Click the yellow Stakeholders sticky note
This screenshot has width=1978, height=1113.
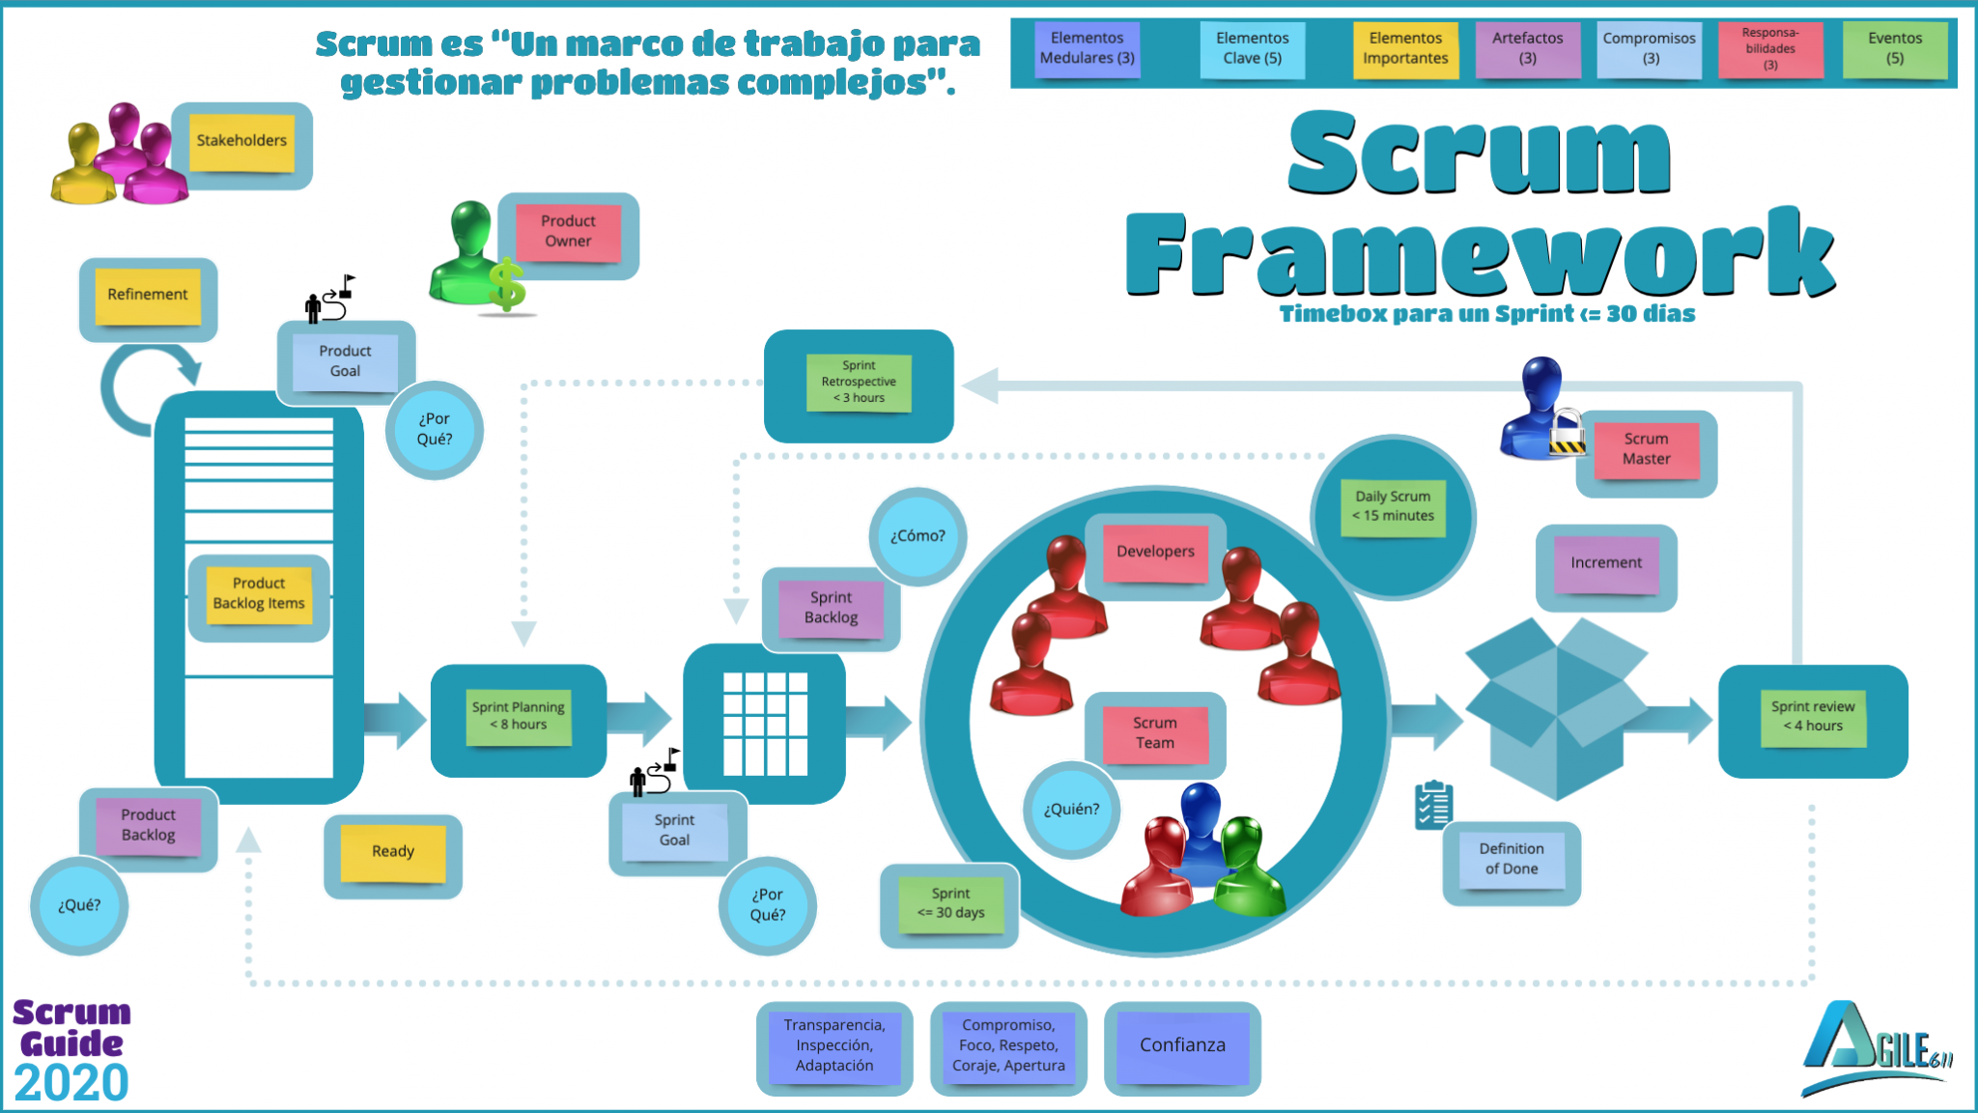pyautogui.click(x=241, y=141)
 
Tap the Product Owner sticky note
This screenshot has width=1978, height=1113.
pyautogui.click(x=568, y=232)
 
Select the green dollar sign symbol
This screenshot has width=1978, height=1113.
pyautogui.click(x=506, y=286)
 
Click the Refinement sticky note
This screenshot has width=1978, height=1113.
pyautogui.click(x=148, y=295)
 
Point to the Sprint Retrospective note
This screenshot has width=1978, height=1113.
pyautogui.click(x=859, y=383)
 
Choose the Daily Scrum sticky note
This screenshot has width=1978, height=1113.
pyautogui.click(x=1393, y=506)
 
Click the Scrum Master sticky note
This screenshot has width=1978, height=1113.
pyautogui.click(x=1646, y=449)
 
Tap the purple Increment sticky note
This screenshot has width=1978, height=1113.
pyautogui.click(x=1605, y=563)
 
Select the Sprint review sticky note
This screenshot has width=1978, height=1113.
pyautogui.click(x=1812, y=717)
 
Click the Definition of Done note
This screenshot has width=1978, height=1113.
pyautogui.click(x=1512, y=859)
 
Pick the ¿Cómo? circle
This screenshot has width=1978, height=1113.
pyautogui.click(x=918, y=536)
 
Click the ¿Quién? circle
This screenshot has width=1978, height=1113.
pyautogui.click(x=1071, y=810)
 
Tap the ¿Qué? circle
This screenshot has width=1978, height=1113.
pyautogui.click(x=79, y=905)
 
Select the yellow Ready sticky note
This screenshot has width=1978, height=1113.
pyautogui.click(x=393, y=852)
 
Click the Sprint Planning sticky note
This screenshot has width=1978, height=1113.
pyautogui.click(x=519, y=716)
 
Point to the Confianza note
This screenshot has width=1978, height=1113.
pyautogui.click(x=1182, y=1045)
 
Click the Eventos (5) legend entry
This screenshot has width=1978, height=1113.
pyautogui.click(x=1894, y=48)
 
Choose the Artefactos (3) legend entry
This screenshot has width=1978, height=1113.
pyautogui.click(x=1527, y=48)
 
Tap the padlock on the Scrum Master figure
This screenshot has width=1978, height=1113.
pyautogui.click(x=1567, y=433)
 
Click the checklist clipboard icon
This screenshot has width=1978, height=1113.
pyautogui.click(x=1433, y=806)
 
